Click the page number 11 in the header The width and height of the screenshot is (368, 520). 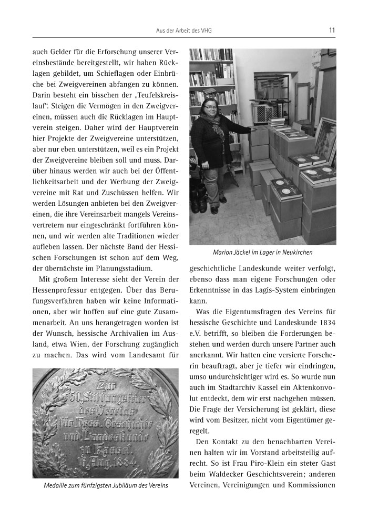[x=332, y=30]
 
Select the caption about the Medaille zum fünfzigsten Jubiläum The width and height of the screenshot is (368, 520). [x=106, y=485]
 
